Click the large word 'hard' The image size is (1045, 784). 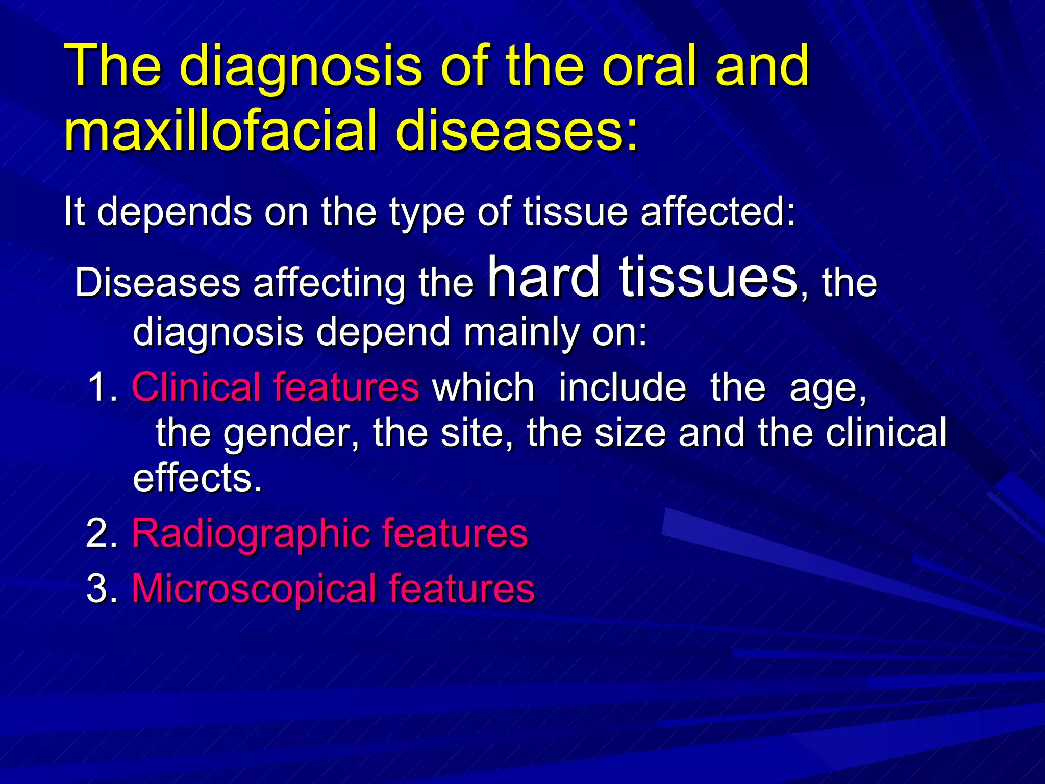[x=544, y=277]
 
